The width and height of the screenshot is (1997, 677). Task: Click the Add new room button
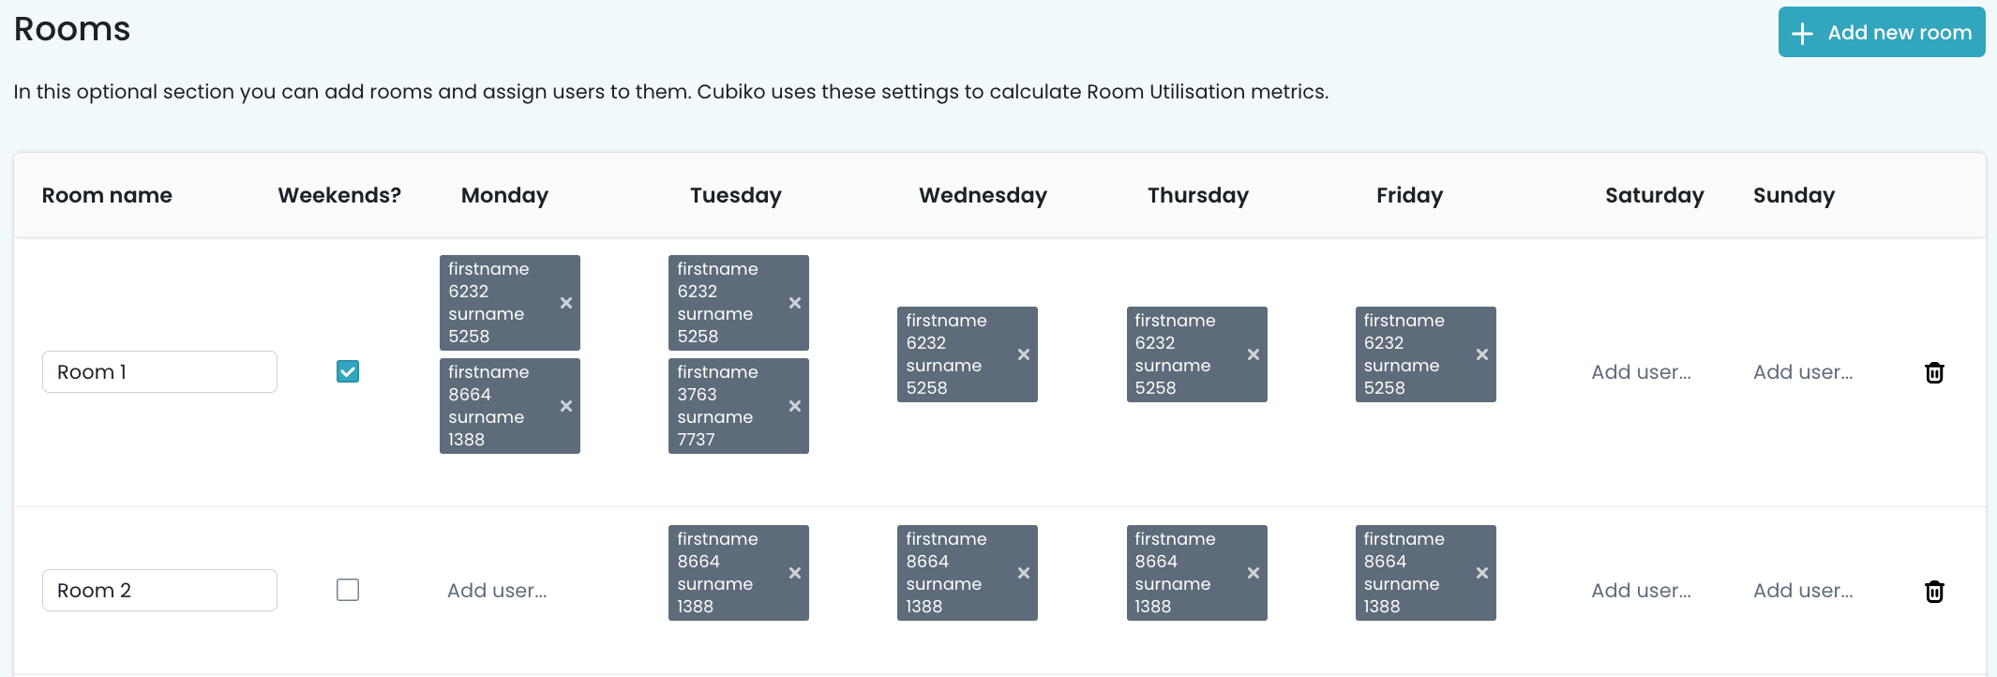(1881, 33)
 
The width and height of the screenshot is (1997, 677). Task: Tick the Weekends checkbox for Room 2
(348, 590)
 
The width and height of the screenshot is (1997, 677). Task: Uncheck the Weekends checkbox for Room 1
(348, 371)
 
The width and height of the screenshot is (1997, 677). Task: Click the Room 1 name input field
(159, 372)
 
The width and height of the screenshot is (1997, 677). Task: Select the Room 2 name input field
(159, 591)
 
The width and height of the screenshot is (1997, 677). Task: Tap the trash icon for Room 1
(1934, 372)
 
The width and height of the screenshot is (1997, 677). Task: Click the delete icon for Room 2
(1934, 592)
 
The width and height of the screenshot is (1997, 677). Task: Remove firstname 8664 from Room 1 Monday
(566, 406)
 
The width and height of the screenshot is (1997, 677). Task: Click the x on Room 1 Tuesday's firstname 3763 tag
(795, 406)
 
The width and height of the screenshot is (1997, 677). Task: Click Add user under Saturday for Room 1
(1641, 372)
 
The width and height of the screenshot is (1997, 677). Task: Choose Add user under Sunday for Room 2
(1803, 591)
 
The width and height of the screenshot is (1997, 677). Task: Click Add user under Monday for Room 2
(497, 591)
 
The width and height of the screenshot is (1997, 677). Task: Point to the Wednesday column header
(983, 195)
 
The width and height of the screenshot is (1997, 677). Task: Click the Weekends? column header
(339, 195)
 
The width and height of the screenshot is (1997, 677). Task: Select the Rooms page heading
(72, 29)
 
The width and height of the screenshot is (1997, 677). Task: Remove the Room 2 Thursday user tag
(1254, 573)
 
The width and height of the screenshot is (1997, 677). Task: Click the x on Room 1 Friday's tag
(1482, 354)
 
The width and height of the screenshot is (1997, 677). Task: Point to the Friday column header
(1409, 195)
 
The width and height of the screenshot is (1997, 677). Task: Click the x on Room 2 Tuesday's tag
(795, 573)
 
